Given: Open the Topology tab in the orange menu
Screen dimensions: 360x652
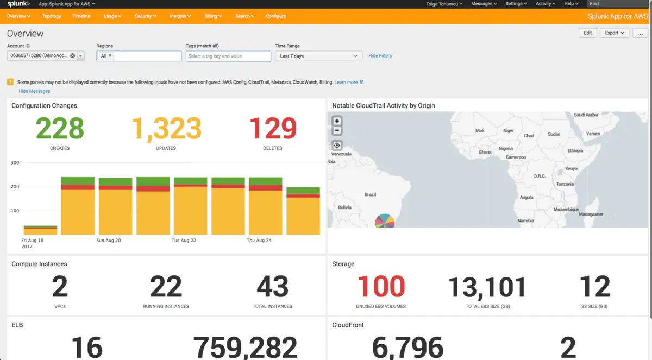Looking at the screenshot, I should (52, 16).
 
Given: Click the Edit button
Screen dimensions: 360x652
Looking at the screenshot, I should (587, 33).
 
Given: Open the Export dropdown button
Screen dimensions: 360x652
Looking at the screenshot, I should (614, 33).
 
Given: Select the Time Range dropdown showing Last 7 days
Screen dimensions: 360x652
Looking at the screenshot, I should (318, 56).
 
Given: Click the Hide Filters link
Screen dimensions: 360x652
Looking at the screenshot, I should (380, 56).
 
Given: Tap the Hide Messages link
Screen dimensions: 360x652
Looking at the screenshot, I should (34, 91).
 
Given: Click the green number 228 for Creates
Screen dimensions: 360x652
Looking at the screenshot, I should (60, 129).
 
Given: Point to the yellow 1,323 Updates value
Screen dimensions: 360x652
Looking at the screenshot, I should (166, 129).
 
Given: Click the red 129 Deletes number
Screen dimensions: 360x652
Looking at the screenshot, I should (272, 129).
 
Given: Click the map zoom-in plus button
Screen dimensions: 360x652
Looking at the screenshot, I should (337, 121).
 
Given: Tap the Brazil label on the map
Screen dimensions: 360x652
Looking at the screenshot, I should (370, 194).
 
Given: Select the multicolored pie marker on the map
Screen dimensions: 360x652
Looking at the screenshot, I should (385, 221).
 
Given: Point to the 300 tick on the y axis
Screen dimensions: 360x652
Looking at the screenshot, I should (15, 163).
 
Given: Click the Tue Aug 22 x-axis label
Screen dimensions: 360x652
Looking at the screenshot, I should (183, 240).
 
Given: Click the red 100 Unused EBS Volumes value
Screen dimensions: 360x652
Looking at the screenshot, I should (381, 287).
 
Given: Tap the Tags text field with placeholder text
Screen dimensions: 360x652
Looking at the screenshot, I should (228, 56).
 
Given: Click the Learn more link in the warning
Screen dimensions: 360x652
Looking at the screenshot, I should (346, 83).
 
